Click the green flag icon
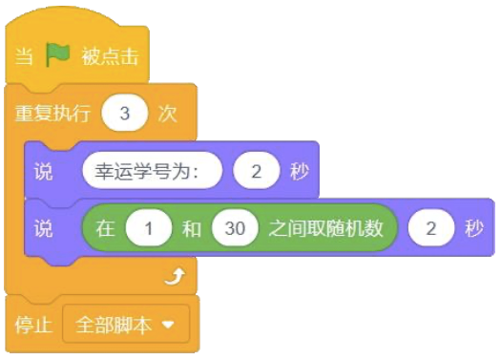(x=59, y=54)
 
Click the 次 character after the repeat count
(x=168, y=114)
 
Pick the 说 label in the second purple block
(x=43, y=229)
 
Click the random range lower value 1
(x=145, y=229)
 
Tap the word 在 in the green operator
(x=105, y=229)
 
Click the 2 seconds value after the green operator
(x=431, y=229)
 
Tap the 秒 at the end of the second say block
(x=474, y=229)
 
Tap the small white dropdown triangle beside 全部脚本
(x=170, y=326)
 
